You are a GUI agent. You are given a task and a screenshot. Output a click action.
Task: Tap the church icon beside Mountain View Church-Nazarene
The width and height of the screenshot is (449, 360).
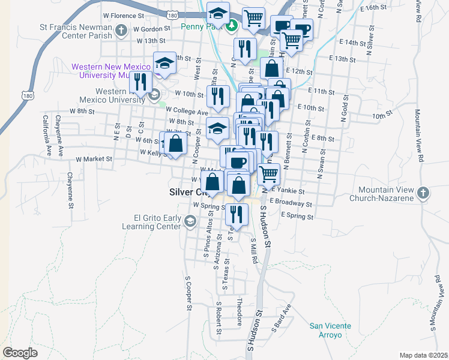pos(423,193)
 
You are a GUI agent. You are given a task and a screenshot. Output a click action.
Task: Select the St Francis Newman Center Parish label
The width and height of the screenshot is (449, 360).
pos(76,31)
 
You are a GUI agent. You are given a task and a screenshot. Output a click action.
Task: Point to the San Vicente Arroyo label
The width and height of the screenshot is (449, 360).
pos(330,330)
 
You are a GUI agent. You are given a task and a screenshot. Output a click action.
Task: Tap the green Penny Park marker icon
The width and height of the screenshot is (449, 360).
pos(232,25)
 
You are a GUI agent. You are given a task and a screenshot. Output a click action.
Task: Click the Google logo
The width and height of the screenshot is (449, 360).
pos(20,353)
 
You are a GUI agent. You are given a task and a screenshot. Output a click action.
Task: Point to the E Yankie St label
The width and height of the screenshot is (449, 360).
pos(291,191)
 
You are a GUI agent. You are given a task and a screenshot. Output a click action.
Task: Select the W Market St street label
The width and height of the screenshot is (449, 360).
pos(94,160)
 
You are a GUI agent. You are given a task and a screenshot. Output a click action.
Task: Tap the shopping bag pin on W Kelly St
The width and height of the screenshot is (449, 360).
pos(175,144)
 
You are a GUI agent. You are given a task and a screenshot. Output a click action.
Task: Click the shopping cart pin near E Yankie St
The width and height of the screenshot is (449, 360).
pos(269,173)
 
